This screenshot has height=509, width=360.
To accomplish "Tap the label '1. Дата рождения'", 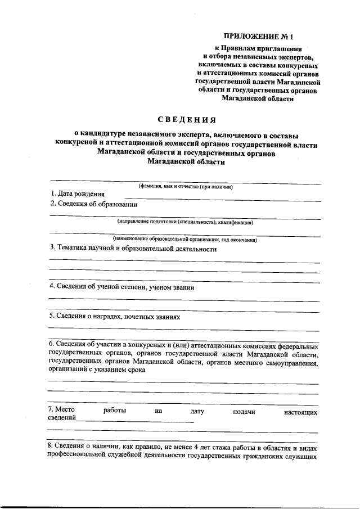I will pyautogui.click(x=77, y=194).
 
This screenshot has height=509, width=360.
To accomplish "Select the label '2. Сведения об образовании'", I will pyautogui.click(x=93, y=204).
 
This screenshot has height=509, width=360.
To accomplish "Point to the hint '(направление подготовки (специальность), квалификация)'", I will pyautogui.click(x=186, y=222).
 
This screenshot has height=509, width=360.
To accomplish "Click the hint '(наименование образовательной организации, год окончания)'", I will pyautogui.click(x=185, y=240).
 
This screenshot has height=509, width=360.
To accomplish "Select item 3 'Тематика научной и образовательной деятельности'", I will pyautogui.click(x=133, y=248).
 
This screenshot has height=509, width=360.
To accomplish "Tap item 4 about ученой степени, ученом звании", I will pyautogui.click(x=121, y=287).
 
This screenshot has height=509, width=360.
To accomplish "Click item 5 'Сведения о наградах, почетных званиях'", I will pyautogui.click(x=115, y=317).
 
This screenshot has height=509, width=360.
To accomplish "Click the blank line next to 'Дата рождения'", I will pyautogui.click(x=222, y=199).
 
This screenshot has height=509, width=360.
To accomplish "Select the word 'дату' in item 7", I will pyautogui.click(x=197, y=411).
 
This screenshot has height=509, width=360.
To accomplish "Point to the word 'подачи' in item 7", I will pyautogui.click(x=244, y=411).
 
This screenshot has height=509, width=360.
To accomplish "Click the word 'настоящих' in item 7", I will pyautogui.click(x=300, y=412).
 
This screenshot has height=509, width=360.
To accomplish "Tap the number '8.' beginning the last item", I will pyautogui.click(x=52, y=447).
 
